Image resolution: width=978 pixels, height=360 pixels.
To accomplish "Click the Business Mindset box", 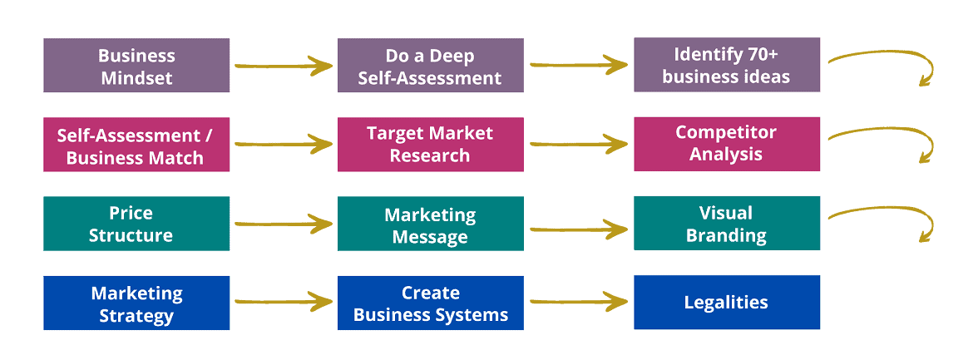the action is tap(136, 66).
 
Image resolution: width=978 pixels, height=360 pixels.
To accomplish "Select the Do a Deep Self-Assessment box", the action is tap(431, 66).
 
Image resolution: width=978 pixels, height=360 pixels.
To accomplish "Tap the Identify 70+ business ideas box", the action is tap(727, 65).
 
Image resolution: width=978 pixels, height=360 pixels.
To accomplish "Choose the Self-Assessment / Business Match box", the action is tap(136, 145).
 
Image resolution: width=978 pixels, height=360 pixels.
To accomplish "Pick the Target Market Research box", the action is tap(431, 145).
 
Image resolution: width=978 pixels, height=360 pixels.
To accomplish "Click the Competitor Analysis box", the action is tap(727, 144).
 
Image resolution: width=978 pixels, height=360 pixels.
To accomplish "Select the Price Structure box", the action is tap(136, 224).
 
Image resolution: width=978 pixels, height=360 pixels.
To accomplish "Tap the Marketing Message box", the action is tap(431, 224).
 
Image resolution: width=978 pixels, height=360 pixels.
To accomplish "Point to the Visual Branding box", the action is tap(727, 224).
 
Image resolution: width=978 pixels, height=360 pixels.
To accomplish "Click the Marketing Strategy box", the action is tap(136, 303).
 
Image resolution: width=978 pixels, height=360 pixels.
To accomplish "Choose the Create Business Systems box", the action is tap(431, 303).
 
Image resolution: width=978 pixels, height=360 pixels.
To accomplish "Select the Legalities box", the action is tap(727, 303).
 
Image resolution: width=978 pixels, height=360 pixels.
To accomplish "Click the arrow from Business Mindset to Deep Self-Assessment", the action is tap(284, 65).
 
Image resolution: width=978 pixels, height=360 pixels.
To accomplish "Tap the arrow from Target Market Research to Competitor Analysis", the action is tap(579, 145).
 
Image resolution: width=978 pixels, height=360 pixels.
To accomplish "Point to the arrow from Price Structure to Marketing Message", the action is tap(284, 224).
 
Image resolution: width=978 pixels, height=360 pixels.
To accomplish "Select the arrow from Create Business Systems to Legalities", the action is tap(579, 303).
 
